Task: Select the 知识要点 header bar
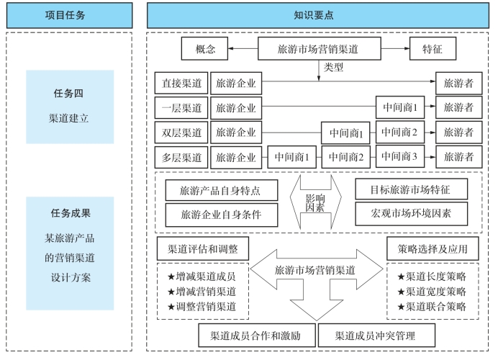click(319, 15)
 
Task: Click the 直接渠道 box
click(181, 84)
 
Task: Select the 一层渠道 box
click(181, 108)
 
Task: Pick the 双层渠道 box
click(181, 132)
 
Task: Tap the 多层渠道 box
click(181, 156)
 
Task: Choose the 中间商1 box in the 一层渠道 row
click(400, 108)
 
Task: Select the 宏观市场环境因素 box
click(411, 214)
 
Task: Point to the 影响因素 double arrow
click(315, 202)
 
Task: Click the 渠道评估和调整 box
click(202, 250)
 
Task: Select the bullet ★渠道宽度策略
click(432, 292)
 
